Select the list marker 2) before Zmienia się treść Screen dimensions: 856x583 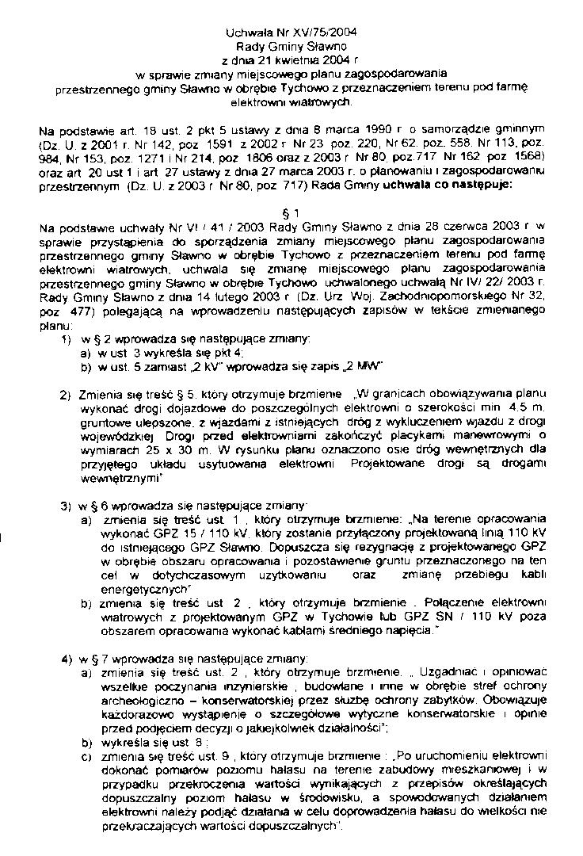point(66,395)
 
